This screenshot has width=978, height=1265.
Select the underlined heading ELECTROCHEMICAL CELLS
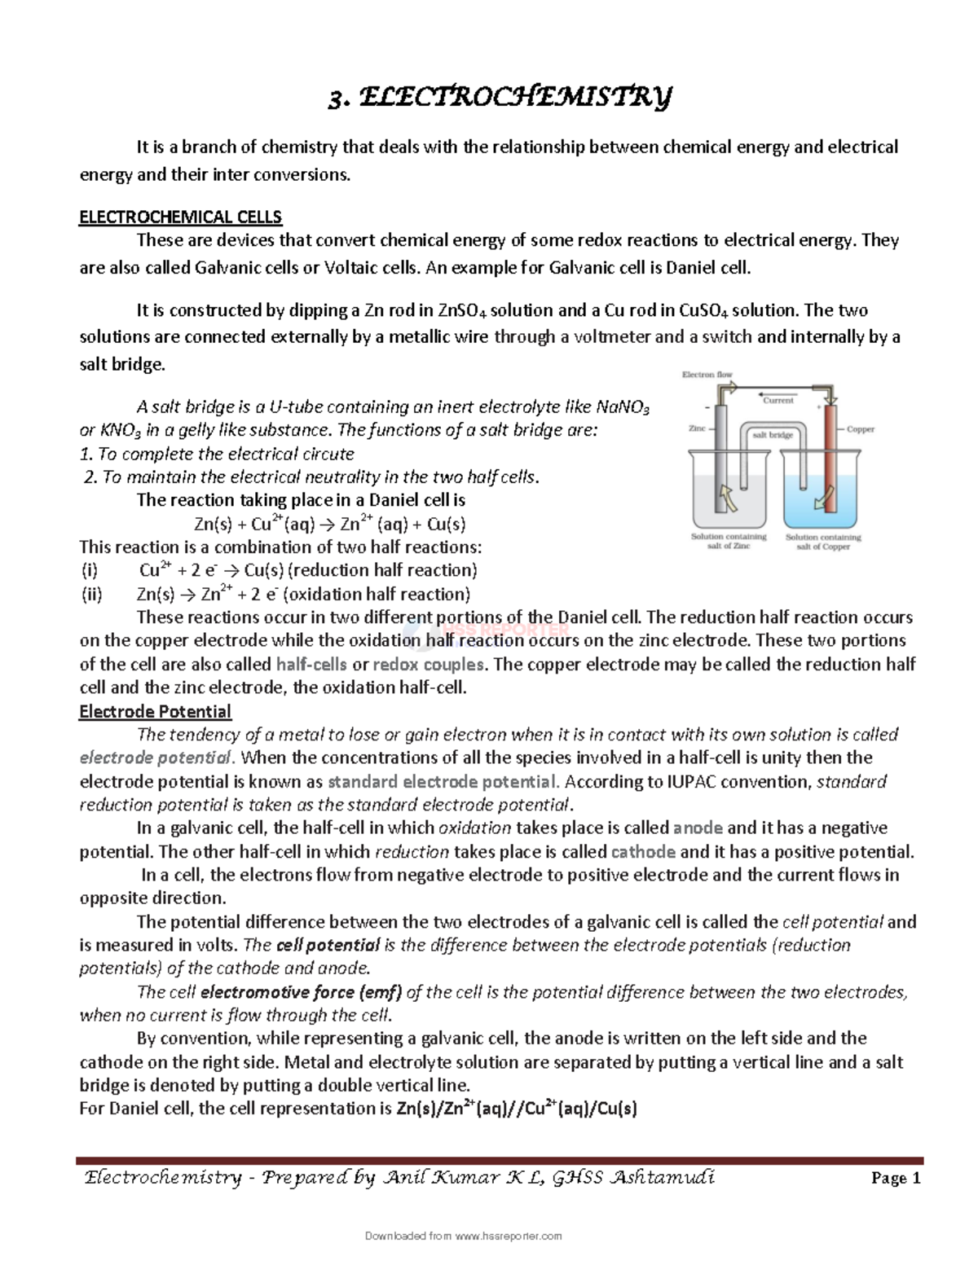pyautogui.click(x=180, y=217)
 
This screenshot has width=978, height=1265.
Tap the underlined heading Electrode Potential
pyautogui.click(x=155, y=711)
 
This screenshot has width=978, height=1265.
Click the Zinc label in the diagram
pyautogui.click(x=697, y=428)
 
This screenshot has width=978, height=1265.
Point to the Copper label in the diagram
pyautogui.click(x=861, y=429)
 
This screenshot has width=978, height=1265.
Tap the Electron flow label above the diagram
pyautogui.click(x=707, y=375)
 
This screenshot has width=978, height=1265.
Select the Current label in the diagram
pyautogui.click(x=778, y=401)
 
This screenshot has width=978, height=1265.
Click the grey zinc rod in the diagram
pyautogui.click(x=720, y=460)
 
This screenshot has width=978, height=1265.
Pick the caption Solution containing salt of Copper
pyautogui.click(x=823, y=542)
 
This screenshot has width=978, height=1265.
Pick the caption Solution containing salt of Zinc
pyautogui.click(x=729, y=542)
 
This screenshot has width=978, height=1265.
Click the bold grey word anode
pyautogui.click(x=698, y=828)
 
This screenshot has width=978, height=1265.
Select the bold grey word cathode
pyautogui.click(x=643, y=852)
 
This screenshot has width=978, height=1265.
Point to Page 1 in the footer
pyautogui.click(x=893, y=1179)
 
